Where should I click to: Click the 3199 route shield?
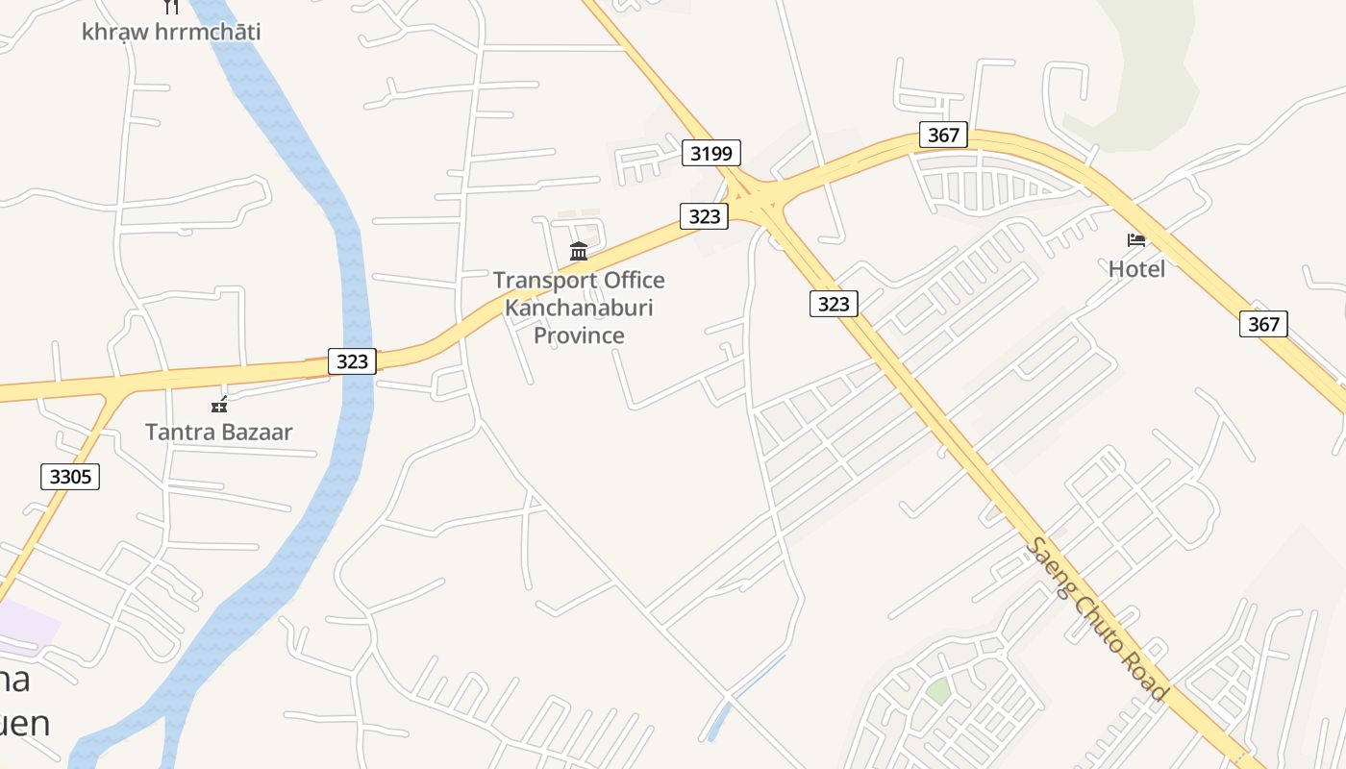pos(711,152)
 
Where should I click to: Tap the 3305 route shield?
pos(70,476)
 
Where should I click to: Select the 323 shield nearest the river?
pos(353,360)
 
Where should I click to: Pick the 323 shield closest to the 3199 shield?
pos(705,216)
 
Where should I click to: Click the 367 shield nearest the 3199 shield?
pos(943,135)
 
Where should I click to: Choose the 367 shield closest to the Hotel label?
pos(1263,324)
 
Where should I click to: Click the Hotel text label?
pos(1136,269)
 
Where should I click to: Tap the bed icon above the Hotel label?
pos(1136,239)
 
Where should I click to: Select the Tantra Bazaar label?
pos(218,432)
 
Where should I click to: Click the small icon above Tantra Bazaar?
pos(219,405)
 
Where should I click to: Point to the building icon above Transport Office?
pos(579,252)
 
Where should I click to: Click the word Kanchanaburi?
pos(579,308)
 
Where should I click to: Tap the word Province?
pos(579,335)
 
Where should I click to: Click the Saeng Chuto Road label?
pos(1097,619)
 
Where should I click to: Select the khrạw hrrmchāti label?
pos(171,32)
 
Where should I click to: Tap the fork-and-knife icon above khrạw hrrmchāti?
pos(171,6)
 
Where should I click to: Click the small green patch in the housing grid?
pos(938,690)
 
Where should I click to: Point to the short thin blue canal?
pos(746,698)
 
